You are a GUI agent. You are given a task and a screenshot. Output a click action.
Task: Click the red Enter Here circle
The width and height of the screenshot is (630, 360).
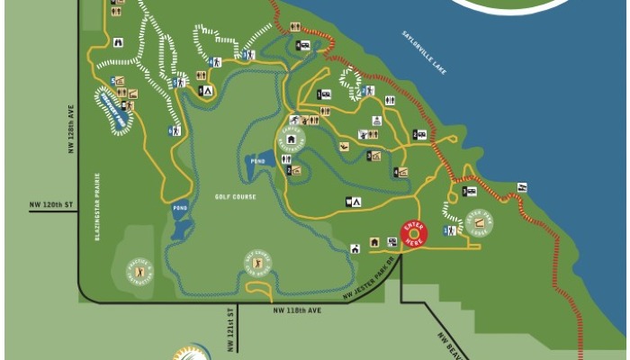(414, 235)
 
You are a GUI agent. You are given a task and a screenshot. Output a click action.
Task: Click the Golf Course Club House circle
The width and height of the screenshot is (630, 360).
(258, 264)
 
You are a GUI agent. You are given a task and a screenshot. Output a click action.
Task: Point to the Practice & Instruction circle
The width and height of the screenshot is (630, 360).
(139, 271)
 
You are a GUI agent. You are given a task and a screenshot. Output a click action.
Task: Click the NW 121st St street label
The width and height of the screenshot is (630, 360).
(229, 325)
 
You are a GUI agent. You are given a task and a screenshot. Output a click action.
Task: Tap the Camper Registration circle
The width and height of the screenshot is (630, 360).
(291, 139)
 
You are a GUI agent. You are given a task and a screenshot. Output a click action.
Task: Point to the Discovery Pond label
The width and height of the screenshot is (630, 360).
(113, 109)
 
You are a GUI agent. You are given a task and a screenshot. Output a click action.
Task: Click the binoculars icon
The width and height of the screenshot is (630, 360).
(118, 41)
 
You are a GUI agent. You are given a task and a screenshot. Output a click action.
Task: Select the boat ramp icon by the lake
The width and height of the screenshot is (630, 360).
(522, 187)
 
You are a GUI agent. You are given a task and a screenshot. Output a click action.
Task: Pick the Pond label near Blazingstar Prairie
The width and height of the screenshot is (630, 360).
(178, 208)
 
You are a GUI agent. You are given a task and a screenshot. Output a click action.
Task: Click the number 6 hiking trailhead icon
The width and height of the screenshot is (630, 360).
(175, 130)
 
